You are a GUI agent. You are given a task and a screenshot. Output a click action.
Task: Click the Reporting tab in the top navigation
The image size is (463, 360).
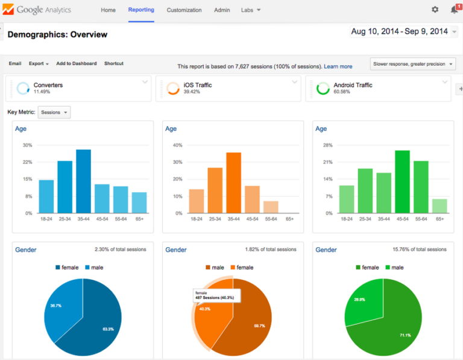click(x=141, y=10)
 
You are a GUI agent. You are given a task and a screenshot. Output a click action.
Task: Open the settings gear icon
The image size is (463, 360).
click(x=435, y=10)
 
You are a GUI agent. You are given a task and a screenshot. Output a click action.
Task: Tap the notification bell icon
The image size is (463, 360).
click(x=454, y=10)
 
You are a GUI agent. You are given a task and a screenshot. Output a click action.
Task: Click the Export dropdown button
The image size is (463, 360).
click(x=39, y=63)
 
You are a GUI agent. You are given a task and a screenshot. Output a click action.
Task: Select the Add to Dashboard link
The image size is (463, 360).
click(x=76, y=63)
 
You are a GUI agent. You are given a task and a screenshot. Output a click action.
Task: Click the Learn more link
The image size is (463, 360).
click(x=338, y=66)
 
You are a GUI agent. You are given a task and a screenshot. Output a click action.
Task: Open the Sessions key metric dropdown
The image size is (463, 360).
click(x=54, y=112)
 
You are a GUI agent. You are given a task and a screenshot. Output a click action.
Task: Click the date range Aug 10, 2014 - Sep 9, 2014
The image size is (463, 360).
click(x=399, y=31)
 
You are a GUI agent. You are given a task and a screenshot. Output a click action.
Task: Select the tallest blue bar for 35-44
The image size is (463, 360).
click(x=83, y=182)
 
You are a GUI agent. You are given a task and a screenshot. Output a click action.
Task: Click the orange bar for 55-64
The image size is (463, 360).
click(x=271, y=207)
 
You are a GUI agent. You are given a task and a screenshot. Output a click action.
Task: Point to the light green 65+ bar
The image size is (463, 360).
click(x=440, y=206)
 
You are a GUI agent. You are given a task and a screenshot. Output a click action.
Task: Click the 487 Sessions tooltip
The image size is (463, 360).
click(x=216, y=295)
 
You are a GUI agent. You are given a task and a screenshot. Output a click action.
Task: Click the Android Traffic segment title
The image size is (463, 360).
click(x=353, y=85)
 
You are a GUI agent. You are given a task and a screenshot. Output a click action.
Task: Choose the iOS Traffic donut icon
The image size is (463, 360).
click(x=172, y=89)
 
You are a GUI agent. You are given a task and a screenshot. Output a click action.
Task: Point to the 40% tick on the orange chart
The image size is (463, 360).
click(x=178, y=145)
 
